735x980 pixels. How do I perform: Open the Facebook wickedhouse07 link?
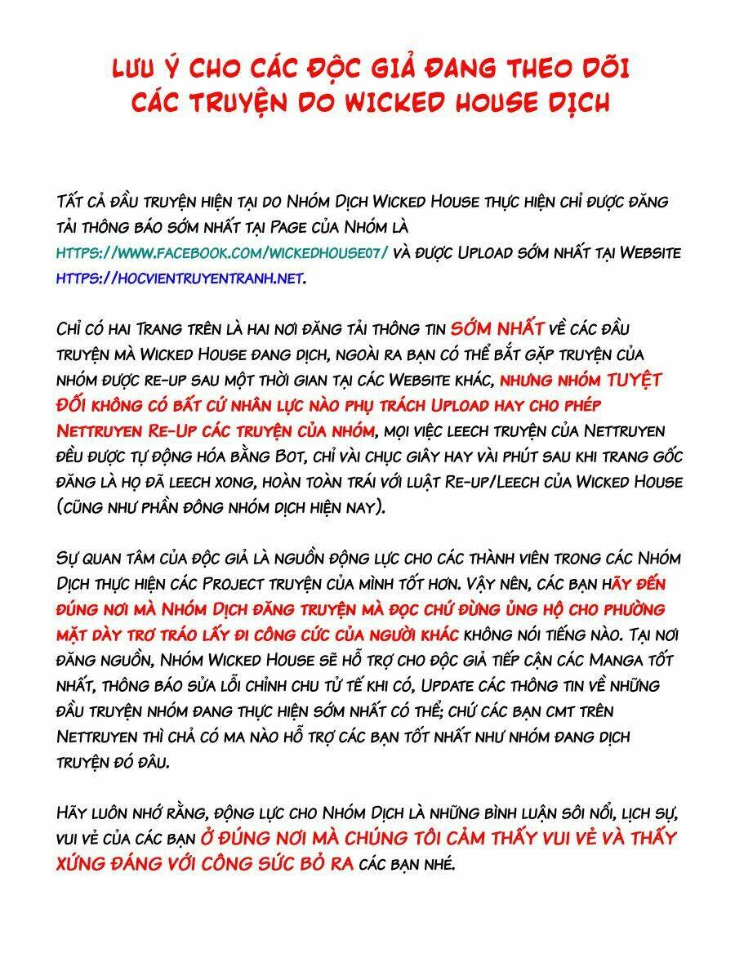[222, 253]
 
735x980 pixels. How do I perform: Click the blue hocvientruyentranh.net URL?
[180, 278]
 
